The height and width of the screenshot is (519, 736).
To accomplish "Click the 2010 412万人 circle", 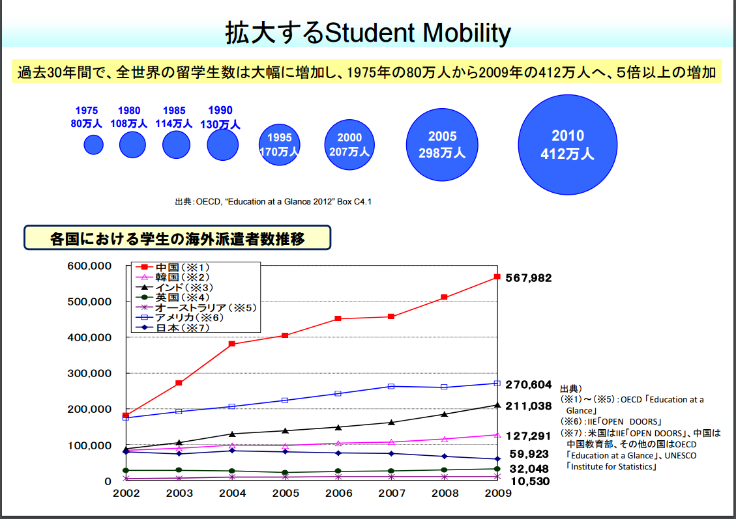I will (x=567, y=145).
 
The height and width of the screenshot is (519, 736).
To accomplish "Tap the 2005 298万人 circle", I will (x=443, y=145).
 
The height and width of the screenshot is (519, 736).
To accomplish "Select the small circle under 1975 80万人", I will (x=94, y=145).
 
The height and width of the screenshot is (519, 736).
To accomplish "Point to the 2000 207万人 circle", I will (x=349, y=145).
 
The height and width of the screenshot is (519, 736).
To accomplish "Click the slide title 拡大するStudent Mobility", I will (x=368, y=33).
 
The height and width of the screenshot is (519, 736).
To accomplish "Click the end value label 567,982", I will (x=529, y=278).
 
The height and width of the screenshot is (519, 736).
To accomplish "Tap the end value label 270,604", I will (x=529, y=385).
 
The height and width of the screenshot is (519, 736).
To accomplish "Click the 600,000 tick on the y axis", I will (x=89, y=266).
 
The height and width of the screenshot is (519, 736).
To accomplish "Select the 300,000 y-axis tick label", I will (x=89, y=374).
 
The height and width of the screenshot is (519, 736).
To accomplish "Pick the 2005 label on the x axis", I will (x=286, y=494).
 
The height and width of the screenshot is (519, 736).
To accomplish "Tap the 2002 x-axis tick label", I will (x=126, y=494).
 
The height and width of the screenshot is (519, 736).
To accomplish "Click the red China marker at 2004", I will (x=233, y=344).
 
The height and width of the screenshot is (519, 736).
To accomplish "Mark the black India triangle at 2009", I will (x=497, y=405).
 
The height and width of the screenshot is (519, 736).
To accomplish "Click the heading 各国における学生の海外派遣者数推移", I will (x=177, y=238).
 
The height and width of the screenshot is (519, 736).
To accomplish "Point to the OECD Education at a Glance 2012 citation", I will (x=273, y=202).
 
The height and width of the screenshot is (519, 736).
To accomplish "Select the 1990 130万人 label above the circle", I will (x=220, y=117).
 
